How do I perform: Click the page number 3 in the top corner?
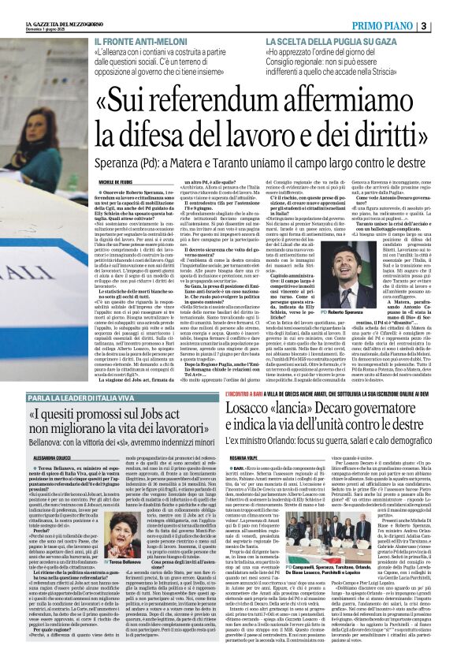pyautogui.click(x=446, y=26)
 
